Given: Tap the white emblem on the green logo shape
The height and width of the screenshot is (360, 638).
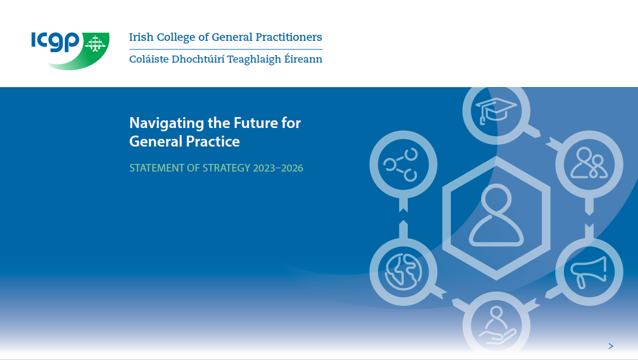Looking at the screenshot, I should [x=96, y=44].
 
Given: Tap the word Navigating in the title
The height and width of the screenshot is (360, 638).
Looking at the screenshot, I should [x=166, y=123].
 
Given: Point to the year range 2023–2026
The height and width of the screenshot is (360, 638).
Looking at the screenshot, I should [x=278, y=168].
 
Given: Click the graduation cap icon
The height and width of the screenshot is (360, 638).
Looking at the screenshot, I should [x=496, y=110].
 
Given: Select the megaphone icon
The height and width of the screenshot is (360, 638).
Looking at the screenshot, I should [x=588, y=271].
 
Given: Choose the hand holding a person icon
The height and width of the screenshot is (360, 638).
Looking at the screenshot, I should [x=496, y=325].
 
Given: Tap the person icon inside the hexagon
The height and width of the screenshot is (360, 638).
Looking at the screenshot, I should [x=496, y=216].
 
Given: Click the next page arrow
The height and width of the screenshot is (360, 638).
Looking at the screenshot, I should [x=611, y=346].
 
